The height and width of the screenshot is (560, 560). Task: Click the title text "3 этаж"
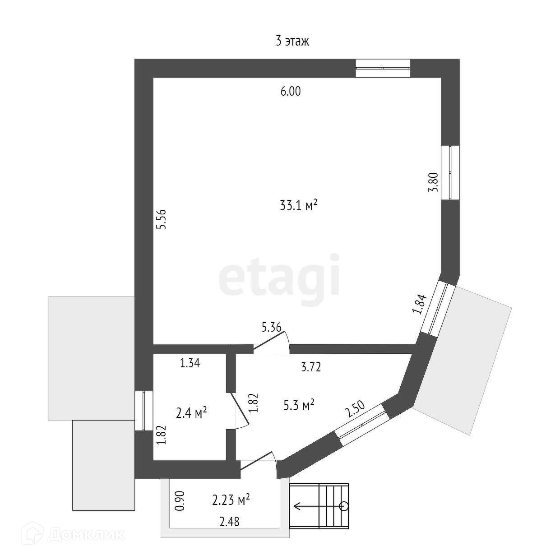[292, 42]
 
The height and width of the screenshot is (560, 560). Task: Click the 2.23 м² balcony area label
[231, 500]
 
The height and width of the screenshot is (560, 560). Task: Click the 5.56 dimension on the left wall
[162, 219]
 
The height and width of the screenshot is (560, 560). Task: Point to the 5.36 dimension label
[272, 328]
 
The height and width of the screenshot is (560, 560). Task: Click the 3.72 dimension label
[310, 367]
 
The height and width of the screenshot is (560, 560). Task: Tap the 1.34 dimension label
[190, 363]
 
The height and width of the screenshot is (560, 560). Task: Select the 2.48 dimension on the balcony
[229, 522]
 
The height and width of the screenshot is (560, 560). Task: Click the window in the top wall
[382, 68]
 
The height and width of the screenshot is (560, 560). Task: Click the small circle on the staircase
[344, 505]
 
